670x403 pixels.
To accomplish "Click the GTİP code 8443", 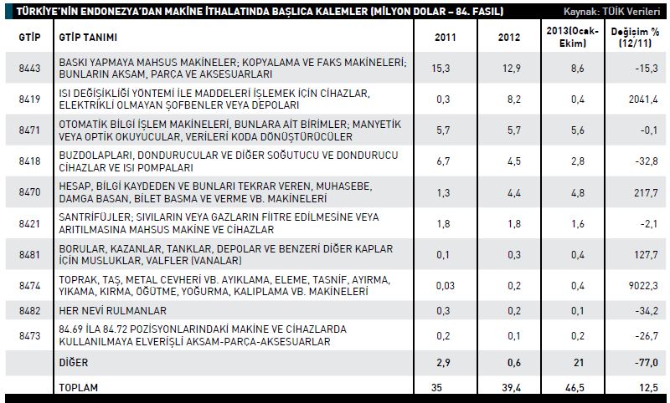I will pos(23,68).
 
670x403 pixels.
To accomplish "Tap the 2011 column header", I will pos(446,38).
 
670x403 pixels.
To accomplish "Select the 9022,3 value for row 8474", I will pos(644,285).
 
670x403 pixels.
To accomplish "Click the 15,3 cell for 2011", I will pos(446,68).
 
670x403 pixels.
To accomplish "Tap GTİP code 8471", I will pos(23,130).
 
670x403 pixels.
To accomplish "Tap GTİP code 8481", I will pos(23,254).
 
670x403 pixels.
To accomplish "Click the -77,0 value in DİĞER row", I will pos(646,362).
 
